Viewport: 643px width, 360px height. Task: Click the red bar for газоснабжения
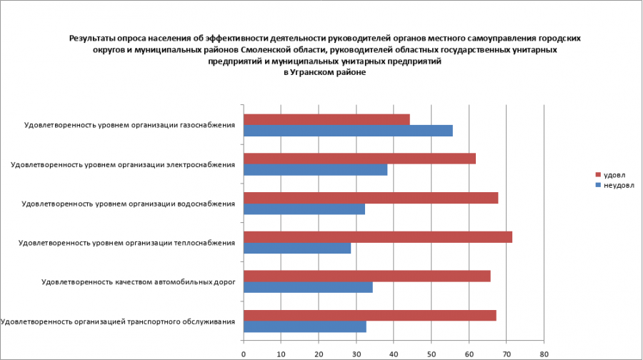tap(327, 120)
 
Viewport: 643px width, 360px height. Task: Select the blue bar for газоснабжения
tap(348, 131)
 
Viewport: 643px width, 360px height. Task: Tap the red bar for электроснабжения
tap(359, 159)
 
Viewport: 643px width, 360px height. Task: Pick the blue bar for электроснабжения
tap(315, 170)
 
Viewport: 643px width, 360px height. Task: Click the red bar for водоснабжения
tap(371, 198)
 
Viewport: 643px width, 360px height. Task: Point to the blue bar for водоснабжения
tap(304, 209)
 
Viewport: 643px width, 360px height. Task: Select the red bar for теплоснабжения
tap(378, 237)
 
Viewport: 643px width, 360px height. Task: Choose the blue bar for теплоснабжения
tap(297, 249)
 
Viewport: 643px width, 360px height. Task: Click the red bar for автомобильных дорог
tap(367, 276)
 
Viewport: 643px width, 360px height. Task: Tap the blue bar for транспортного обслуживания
tap(305, 326)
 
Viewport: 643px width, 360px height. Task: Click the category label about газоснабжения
tap(129, 126)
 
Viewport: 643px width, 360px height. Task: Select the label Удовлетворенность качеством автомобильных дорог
tap(139, 282)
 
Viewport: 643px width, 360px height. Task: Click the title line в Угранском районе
tap(324, 72)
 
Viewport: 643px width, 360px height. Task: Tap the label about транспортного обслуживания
tap(118, 321)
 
